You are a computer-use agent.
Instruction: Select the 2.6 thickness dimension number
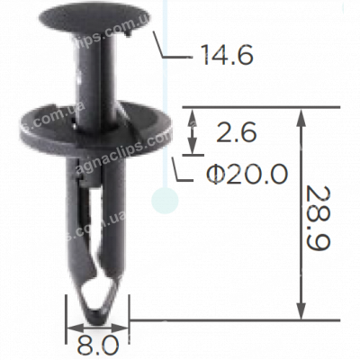[238, 133]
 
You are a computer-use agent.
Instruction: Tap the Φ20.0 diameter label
[223, 171]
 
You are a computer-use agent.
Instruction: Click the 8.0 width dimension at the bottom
[97, 343]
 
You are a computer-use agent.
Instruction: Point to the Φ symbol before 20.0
[190, 171]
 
